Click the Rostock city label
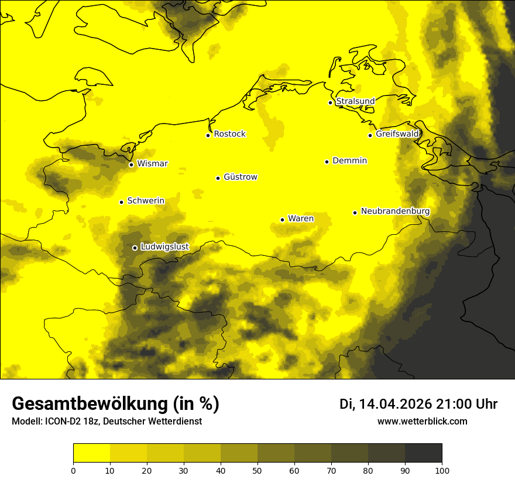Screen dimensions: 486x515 (x=229, y=134)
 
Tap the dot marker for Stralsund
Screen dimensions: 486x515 (x=330, y=102)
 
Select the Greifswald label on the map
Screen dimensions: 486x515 (x=397, y=134)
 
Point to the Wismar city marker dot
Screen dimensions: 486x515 (x=131, y=165)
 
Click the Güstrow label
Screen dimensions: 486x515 (x=240, y=177)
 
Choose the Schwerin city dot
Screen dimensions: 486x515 (x=121, y=202)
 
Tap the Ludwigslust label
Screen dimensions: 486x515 (x=164, y=247)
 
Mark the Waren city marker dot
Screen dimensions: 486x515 (x=282, y=220)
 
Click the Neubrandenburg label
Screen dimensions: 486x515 (x=395, y=211)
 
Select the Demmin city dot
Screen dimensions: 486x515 (x=327, y=162)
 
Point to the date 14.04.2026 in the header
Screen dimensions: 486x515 (x=395, y=404)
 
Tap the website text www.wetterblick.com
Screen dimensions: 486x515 (x=422, y=422)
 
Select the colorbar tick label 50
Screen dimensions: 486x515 (x=257, y=470)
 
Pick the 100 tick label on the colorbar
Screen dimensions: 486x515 (x=442, y=470)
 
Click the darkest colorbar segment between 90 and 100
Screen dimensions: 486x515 (x=423, y=453)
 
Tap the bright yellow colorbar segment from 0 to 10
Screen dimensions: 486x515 (x=92, y=453)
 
